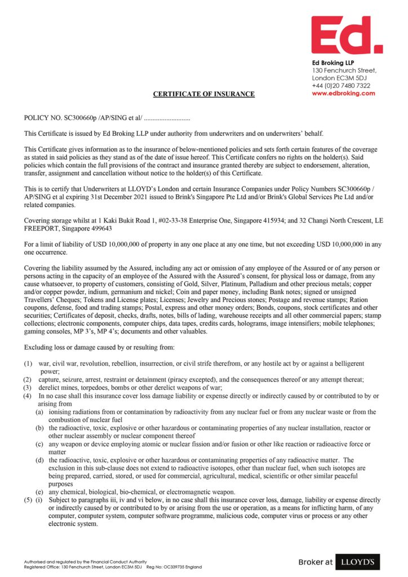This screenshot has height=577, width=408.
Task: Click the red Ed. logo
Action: click(346, 35)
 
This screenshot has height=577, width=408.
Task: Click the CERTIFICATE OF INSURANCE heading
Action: click(204, 94)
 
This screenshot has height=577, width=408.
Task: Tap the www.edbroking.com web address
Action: click(343, 94)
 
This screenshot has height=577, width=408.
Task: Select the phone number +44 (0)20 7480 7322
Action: click(341, 86)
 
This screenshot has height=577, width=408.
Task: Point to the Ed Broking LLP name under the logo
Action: click(333, 62)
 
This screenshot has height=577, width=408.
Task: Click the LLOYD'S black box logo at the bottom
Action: click(357, 562)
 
